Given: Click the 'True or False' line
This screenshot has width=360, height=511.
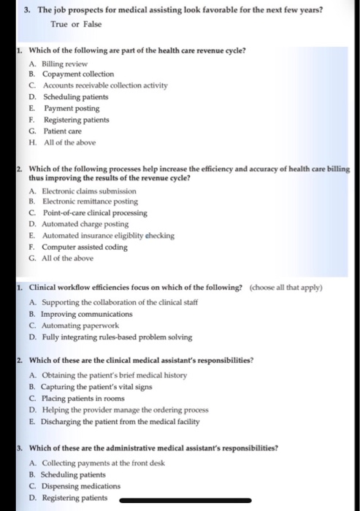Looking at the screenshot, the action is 75,24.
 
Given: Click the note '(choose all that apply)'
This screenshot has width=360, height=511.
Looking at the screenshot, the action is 286,287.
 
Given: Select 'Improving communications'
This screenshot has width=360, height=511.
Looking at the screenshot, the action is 91,314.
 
